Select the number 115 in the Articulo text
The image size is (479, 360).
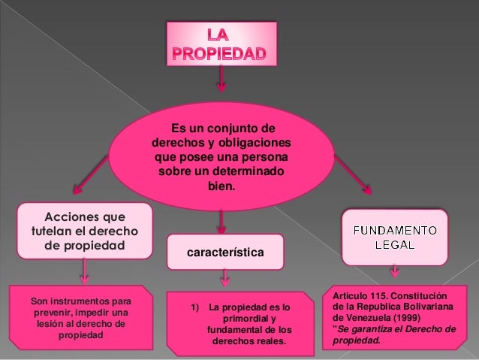point(376,297)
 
